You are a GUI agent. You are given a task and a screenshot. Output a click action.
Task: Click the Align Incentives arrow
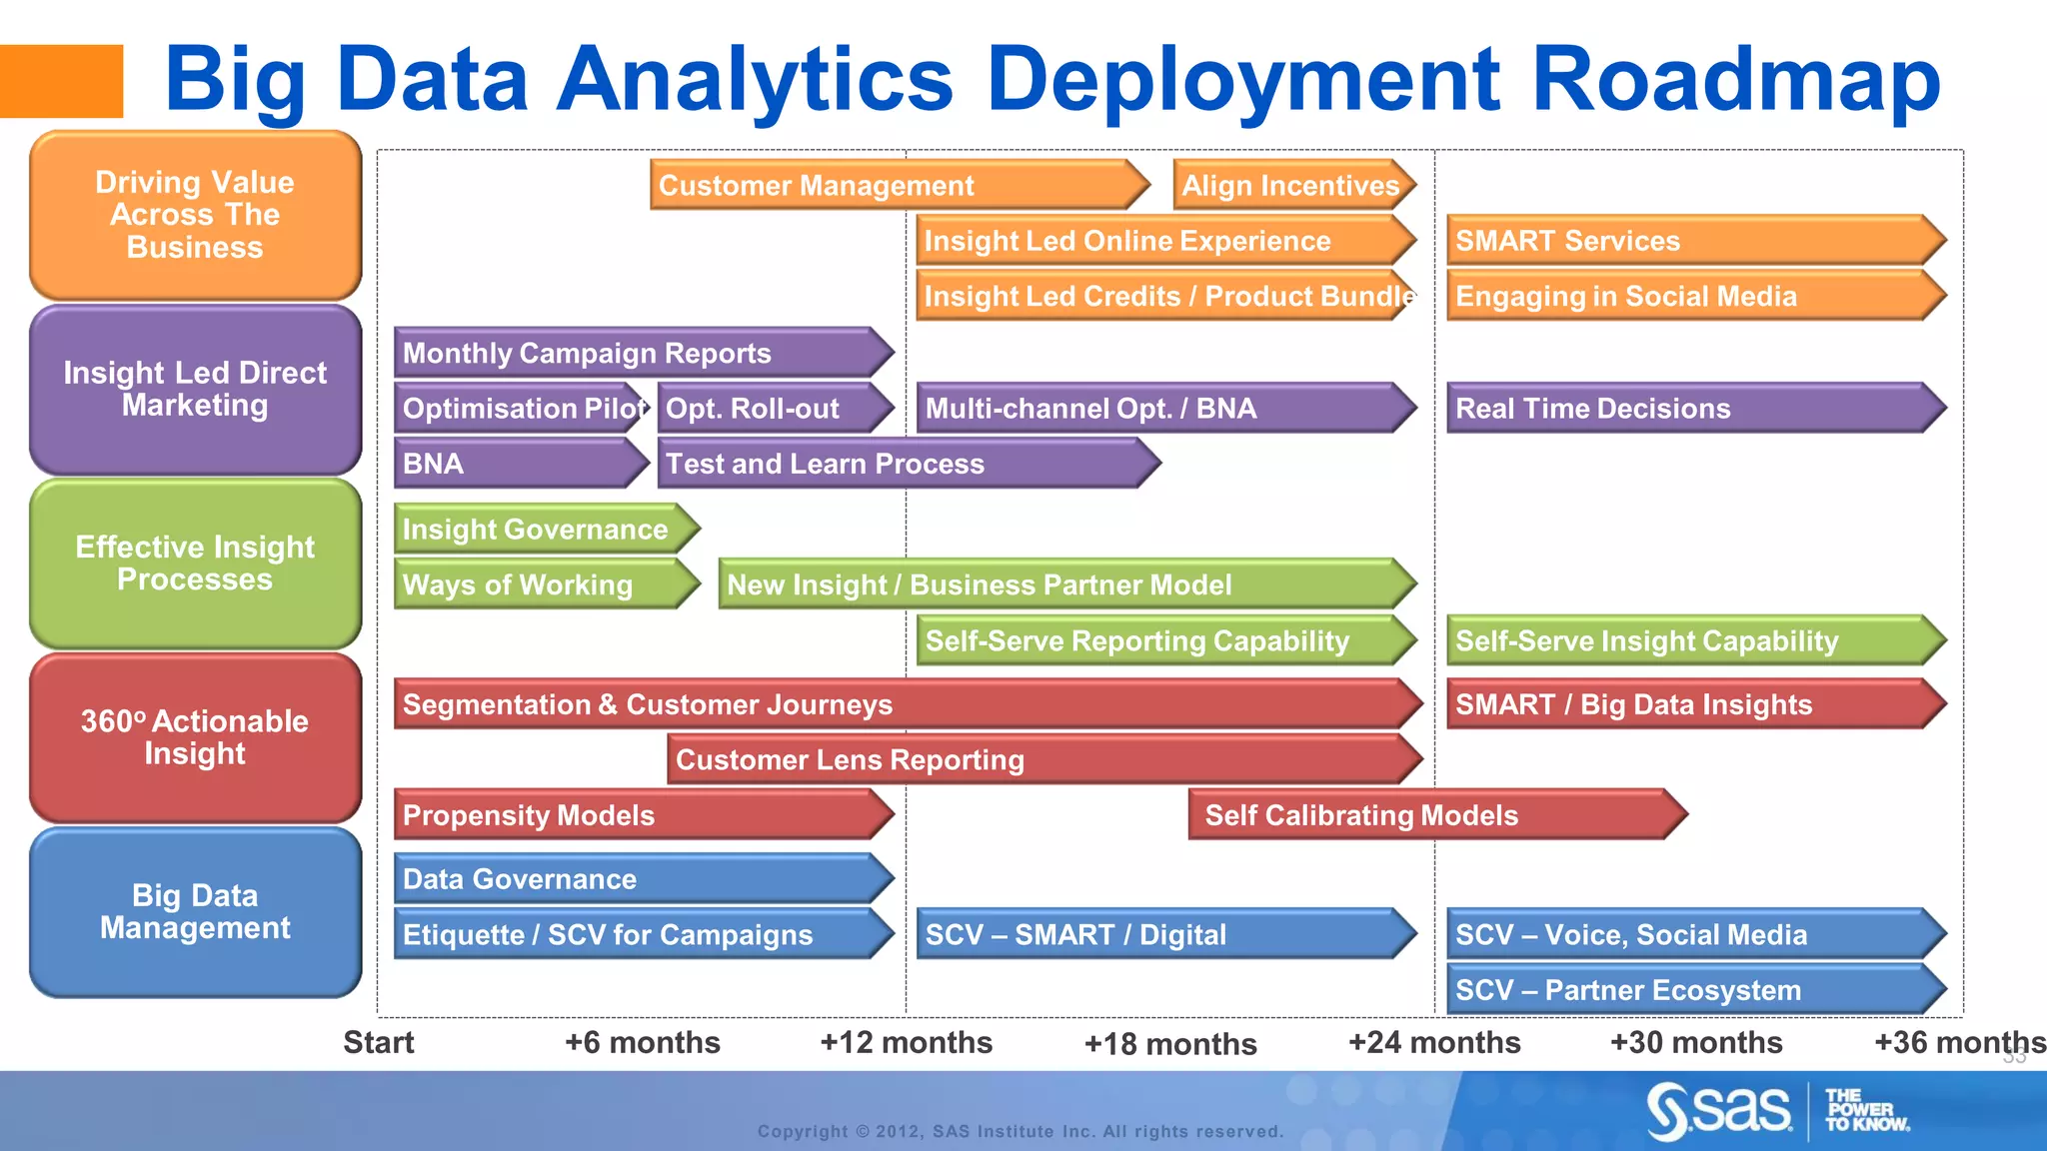pos(1292,186)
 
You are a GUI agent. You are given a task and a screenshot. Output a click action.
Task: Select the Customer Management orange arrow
pos(898,186)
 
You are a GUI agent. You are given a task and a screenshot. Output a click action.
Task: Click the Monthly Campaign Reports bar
pos(641,353)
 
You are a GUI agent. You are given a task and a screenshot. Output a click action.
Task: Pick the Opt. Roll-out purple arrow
pos(773,409)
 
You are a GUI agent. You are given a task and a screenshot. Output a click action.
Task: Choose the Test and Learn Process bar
pos(906,464)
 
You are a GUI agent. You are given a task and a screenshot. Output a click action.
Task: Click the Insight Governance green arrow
pos(545,530)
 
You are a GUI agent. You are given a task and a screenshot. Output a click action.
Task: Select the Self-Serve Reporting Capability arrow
pos(1163,640)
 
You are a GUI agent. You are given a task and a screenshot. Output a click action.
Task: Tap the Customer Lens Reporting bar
pos(1041,760)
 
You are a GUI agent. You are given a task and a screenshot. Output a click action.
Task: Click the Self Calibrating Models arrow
pos(1434,815)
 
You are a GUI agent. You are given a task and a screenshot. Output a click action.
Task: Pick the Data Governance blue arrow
pos(641,879)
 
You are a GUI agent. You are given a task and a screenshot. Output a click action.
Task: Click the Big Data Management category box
pos(195,912)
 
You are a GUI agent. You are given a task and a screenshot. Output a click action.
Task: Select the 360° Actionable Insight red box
pos(195,737)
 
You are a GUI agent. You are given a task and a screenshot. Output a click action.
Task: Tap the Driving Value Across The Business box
pos(195,215)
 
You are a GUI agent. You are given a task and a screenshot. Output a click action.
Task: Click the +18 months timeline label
pos(1170,1044)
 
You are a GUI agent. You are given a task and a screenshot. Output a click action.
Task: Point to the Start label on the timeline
pos(378,1042)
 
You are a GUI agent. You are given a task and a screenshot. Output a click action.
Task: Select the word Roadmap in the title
pos(1736,80)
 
